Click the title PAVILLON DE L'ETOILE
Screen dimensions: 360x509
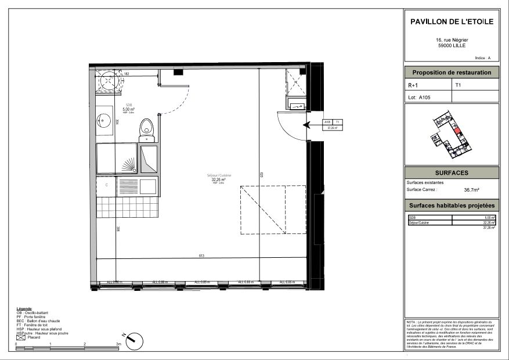(451, 21)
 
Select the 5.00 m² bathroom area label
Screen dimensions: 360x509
(128, 109)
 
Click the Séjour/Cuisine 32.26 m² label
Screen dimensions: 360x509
(218, 179)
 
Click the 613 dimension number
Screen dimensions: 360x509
(202, 256)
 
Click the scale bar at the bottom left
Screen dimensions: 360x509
(68, 347)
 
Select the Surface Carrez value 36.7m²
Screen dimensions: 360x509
(471, 189)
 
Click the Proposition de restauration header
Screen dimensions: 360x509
(451, 73)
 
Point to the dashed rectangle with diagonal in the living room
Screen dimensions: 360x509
(272, 210)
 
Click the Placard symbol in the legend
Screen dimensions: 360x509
(20, 337)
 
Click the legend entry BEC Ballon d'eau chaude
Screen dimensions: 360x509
(38, 321)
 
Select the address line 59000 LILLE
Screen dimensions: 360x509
(451, 45)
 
